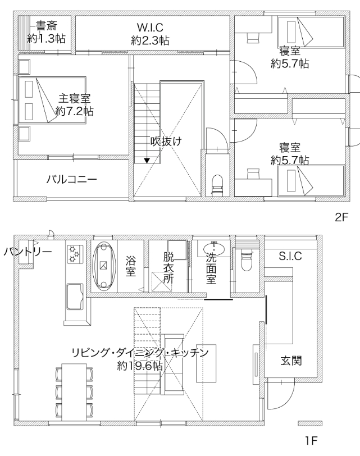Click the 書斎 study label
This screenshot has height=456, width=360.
click(47, 26)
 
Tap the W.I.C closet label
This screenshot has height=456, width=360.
click(150, 28)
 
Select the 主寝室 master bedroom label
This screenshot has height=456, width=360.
click(75, 98)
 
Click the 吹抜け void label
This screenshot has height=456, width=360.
click(166, 142)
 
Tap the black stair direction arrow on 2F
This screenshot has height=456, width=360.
click(147, 161)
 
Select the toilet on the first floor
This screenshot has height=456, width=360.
click(247, 259)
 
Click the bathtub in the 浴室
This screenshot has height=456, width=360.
click(104, 267)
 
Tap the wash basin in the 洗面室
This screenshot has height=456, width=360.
click(214, 249)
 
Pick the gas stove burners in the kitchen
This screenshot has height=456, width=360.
click(75, 254)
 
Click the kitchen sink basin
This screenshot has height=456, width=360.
click(75, 297)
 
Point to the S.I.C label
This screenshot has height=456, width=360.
click(290, 256)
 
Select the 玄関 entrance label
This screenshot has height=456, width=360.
click(291, 361)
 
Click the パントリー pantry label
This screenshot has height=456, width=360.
click(28, 251)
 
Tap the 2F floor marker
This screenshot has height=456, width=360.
click(341, 217)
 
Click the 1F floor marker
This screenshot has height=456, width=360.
click(311, 441)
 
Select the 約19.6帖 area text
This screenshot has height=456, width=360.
click(140, 366)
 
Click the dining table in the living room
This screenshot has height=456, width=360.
click(75, 392)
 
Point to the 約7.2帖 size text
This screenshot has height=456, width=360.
click(75, 111)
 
